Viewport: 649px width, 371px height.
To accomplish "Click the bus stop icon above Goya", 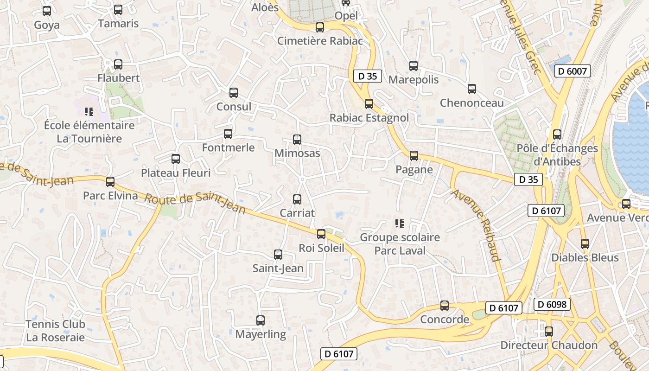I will [47, 11].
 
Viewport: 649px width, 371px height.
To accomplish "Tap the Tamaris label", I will [118, 24].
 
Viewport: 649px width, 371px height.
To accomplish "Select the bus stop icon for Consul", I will [234, 93].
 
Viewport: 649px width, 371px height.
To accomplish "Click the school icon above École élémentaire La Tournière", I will [89, 111].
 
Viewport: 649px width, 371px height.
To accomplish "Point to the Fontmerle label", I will [228, 147].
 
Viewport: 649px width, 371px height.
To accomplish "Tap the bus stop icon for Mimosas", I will [297, 139].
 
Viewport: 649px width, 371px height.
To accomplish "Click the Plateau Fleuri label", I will [176, 173].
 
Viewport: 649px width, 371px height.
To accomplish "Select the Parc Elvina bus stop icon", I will [110, 182].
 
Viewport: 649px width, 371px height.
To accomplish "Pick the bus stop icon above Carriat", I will [297, 199].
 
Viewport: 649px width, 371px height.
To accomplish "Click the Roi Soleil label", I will [321, 248].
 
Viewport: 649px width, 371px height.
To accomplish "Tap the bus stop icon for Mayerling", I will [261, 320].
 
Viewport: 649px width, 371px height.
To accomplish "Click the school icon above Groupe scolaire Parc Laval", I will [400, 224].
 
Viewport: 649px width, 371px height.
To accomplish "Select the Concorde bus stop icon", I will [445, 306].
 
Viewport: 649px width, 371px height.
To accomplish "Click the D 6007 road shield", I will [573, 71].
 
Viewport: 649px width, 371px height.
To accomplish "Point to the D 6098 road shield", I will [552, 304].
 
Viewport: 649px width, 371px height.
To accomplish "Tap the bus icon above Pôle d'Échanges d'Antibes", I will [557, 134].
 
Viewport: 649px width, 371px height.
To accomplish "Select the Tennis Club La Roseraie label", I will [55, 331].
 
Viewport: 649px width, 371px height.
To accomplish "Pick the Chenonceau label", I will [471, 103].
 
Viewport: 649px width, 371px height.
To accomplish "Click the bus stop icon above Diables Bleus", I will [585, 243].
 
